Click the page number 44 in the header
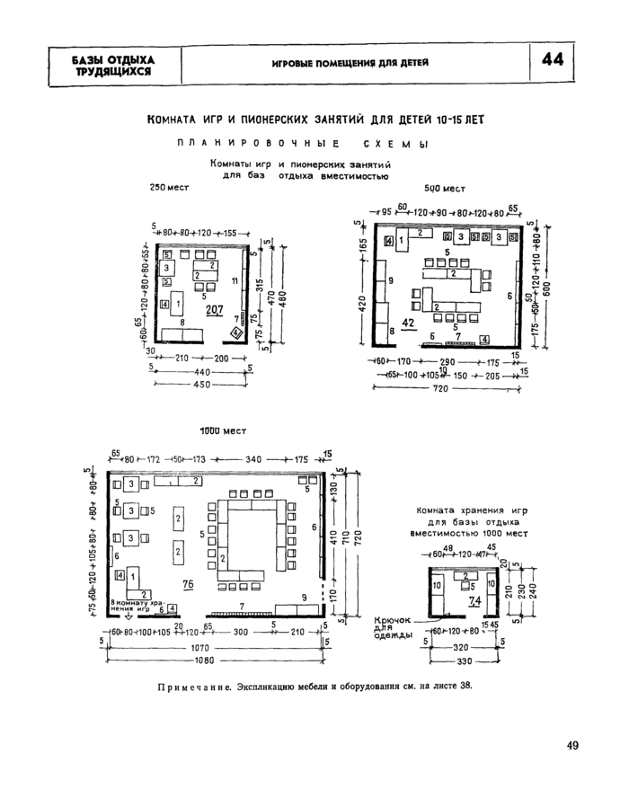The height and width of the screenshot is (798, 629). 554,61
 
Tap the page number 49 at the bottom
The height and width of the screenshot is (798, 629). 573,744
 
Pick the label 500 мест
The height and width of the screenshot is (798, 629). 444,188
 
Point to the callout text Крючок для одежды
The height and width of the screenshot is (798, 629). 393,627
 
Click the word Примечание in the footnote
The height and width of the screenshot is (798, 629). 191,686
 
